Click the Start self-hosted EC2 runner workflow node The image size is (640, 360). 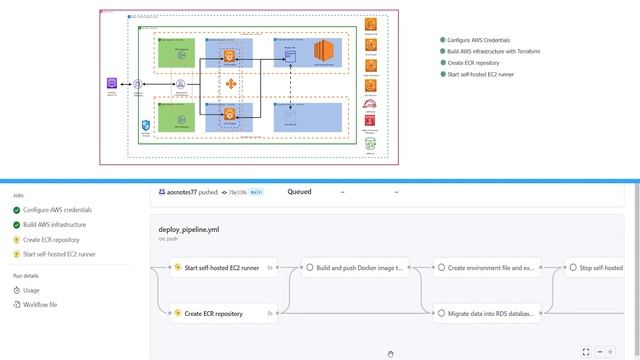220,267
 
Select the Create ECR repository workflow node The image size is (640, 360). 213,313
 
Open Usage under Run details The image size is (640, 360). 31,290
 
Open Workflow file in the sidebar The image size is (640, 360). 40,304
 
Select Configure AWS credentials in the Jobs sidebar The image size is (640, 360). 57,210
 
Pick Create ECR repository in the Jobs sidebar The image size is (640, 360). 51,240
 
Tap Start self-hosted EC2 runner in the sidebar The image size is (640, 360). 59,254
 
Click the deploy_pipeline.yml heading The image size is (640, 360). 188,229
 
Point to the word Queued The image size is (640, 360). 299,191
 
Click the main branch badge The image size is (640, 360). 256,191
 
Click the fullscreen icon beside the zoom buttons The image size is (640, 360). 585,351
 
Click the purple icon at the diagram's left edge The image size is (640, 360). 112,85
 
